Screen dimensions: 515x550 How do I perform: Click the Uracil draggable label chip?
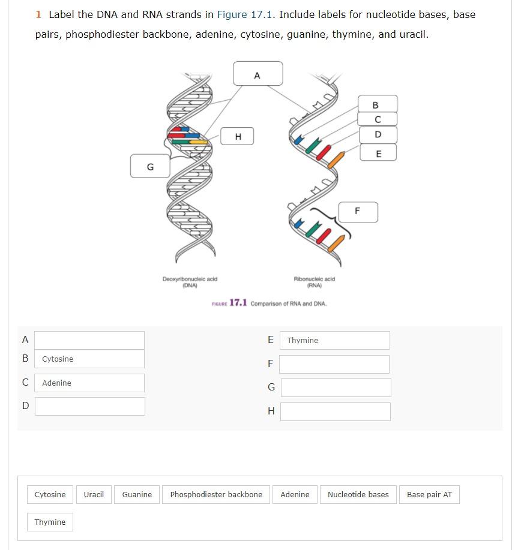94,494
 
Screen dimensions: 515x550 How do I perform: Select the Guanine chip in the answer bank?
137,494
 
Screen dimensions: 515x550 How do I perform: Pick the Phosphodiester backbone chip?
216,494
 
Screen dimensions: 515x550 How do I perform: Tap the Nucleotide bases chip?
358,494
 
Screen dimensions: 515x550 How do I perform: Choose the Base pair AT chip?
429,494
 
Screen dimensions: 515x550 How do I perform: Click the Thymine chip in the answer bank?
50,522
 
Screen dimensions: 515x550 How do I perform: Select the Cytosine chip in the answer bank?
50,494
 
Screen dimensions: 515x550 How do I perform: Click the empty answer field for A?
89,340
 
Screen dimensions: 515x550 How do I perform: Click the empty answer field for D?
90,406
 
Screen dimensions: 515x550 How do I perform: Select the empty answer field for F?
334,364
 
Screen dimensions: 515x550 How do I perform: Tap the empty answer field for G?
336,387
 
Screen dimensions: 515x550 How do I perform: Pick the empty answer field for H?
336,411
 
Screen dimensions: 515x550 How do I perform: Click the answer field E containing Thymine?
334,340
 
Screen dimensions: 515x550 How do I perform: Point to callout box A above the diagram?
257,73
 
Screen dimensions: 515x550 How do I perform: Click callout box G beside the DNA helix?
150,166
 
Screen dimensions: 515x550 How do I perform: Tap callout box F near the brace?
358,212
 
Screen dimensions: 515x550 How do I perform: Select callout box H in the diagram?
237,136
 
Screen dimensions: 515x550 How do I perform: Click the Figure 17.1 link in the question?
244,14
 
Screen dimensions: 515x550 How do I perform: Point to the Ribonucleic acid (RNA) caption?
314,282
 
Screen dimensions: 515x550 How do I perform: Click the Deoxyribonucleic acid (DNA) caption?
190,282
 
